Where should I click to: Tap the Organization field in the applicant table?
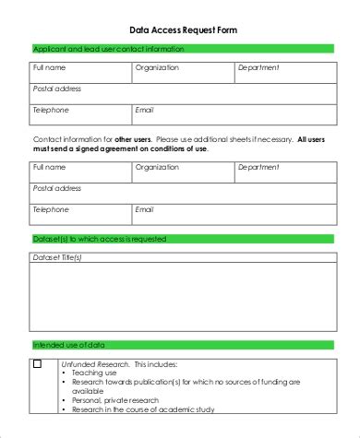coord(182,70)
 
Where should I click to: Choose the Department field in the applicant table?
coord(286,70)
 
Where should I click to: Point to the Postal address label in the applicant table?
coord(57,89)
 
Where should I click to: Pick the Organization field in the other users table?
coord(182,171)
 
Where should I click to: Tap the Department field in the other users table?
coord(286,171)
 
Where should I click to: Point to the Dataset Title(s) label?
coord(58,257)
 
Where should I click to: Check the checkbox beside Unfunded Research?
coord(38,364)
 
